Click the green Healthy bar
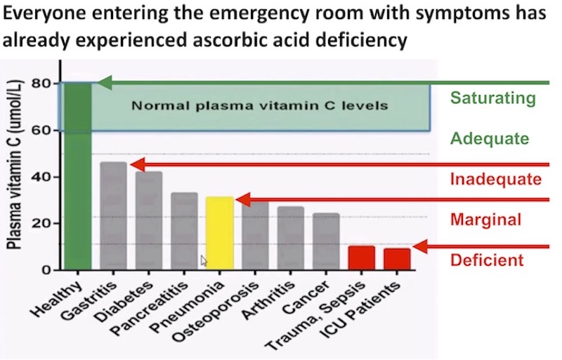pyautogui.click(x=78, y=176)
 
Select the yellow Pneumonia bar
pyautogui.click(x=220, y=233)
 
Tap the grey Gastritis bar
pyautogui.click(x=113, y=216)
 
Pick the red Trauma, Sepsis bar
pyautogui.click(x=362, y=258)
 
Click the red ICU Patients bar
pyautogui.click(x=397, y=259)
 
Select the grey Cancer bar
pyautogui.click(x=326, y=241)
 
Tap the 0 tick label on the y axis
pyautogui.click(x=46, y=269)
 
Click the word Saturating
pyautogui.click(x=493, y=98)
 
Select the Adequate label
pyautogui.click(x=490, y=139)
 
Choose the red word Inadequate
pyautogui.click(x=496, y=179)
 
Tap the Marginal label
pyautogui.click(x=485, y=219)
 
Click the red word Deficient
pyautogui.click(x=487, y=260)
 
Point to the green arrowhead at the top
pyautogui.click(x=105, y=83)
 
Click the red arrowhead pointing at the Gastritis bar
pyautogui.click(x=137, y=165)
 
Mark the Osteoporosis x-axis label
pyautogui.click(x=216, y=311)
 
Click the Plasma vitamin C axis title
pyautogui.click(x=14, y=165)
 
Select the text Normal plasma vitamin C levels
pyautogui.click(x=260, y=105)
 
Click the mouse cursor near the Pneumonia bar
pyautogui.click(x=204, y=261)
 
